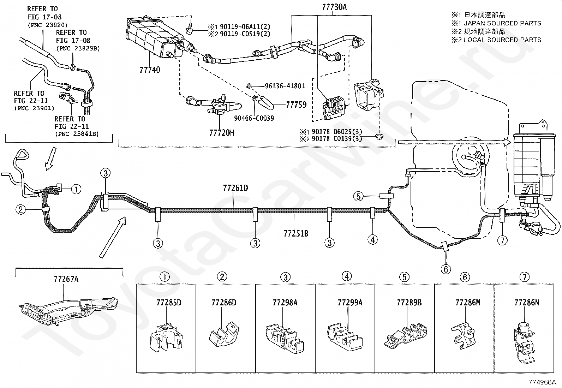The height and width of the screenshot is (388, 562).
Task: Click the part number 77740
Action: (150, 70)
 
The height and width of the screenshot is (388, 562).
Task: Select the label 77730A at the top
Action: (334, 7)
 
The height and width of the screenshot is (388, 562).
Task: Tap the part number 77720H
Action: (222, 133)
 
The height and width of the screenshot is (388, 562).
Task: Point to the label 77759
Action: (296, 105)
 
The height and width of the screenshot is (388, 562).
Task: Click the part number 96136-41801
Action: (285, 86)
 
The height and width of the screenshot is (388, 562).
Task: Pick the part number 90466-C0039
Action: (254, 118)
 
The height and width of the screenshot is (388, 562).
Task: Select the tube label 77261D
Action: (235, 188)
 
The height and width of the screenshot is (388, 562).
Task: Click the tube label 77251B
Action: (296, 234)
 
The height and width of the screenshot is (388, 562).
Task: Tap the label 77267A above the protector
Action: (66, 279)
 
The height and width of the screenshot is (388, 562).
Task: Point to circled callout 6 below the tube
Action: (446, 269)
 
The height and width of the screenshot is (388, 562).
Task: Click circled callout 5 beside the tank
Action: (358, 196)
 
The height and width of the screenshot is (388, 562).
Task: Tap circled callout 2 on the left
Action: (20, 209)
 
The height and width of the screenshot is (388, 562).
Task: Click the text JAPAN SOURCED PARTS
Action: (502, 23)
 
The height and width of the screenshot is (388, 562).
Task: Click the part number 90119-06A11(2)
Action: (245, 26)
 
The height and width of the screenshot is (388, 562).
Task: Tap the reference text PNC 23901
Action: (34, 108)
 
